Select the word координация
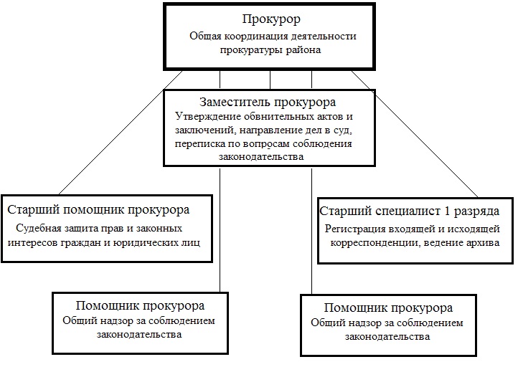(255, 37)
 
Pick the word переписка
(198, 143)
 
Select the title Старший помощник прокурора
(98, 210)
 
